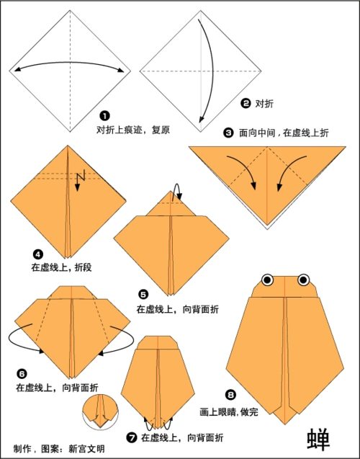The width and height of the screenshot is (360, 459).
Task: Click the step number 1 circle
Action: (105, 116)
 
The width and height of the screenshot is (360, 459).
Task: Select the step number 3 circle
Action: (228, 133)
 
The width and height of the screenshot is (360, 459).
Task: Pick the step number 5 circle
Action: (143, 295)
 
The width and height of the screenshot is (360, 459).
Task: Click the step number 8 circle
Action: (230, 394)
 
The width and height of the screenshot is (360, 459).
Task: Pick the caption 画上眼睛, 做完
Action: (228, 411)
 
